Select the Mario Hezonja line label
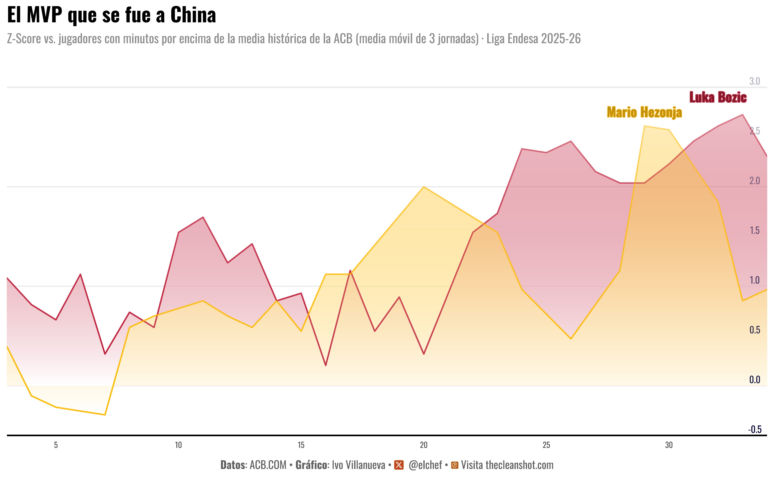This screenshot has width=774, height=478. [644, 112]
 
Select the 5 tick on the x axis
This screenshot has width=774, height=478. [56, 445]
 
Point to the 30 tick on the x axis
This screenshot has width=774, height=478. [669, 445]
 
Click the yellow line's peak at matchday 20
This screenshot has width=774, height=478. [424, 187]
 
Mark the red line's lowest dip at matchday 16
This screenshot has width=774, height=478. [326, 365]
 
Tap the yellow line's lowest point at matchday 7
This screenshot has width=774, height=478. [105, 415]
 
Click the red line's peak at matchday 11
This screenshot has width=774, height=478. [203, 217]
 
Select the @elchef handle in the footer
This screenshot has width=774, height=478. [425, 465]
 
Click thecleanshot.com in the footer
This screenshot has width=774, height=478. [520, 465]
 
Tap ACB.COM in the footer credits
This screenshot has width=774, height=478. [268, 465]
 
